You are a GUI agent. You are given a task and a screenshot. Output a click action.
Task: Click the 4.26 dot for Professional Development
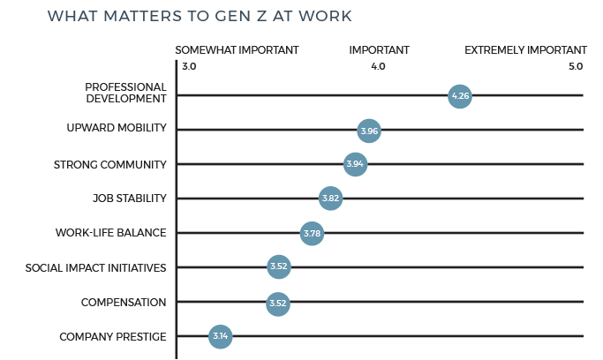(x=459, y=95)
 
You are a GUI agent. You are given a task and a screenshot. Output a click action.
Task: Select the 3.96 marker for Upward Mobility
(x=369, y=131)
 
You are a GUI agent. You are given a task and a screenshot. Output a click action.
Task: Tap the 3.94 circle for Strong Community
(x=355, y=164)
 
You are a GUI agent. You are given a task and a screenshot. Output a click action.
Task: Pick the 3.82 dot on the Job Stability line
(x=330, y=199)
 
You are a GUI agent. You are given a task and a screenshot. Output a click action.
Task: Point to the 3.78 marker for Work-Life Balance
(x=311, y=234)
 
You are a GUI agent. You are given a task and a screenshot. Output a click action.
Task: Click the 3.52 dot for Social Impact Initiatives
(x=278, y=267)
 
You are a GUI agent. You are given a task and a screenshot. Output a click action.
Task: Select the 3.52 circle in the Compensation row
(x=278, y=303)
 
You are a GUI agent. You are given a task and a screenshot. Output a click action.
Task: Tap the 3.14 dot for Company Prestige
(x=220, y=336)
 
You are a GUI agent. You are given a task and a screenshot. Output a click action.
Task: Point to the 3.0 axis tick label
(x=189, y=67)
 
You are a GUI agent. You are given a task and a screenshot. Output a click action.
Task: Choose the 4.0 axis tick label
(x=378, y=67)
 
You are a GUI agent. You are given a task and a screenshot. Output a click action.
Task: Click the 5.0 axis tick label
(x=576, y=67)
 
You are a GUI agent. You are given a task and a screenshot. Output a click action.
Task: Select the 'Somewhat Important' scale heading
(x=237, y=50)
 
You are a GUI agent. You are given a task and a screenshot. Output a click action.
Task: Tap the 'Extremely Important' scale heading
(x=525, y=50)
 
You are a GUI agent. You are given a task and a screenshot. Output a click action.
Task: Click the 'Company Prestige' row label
(x=112, y=336)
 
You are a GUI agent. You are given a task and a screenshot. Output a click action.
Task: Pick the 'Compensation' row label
(x=123, y=303)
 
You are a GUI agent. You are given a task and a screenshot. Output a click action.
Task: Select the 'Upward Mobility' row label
(x=117, y=129)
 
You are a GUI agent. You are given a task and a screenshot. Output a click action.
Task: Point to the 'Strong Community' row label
(x=109, y=164)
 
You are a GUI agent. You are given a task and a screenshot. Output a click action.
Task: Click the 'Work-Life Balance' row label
(x=110, y=233)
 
